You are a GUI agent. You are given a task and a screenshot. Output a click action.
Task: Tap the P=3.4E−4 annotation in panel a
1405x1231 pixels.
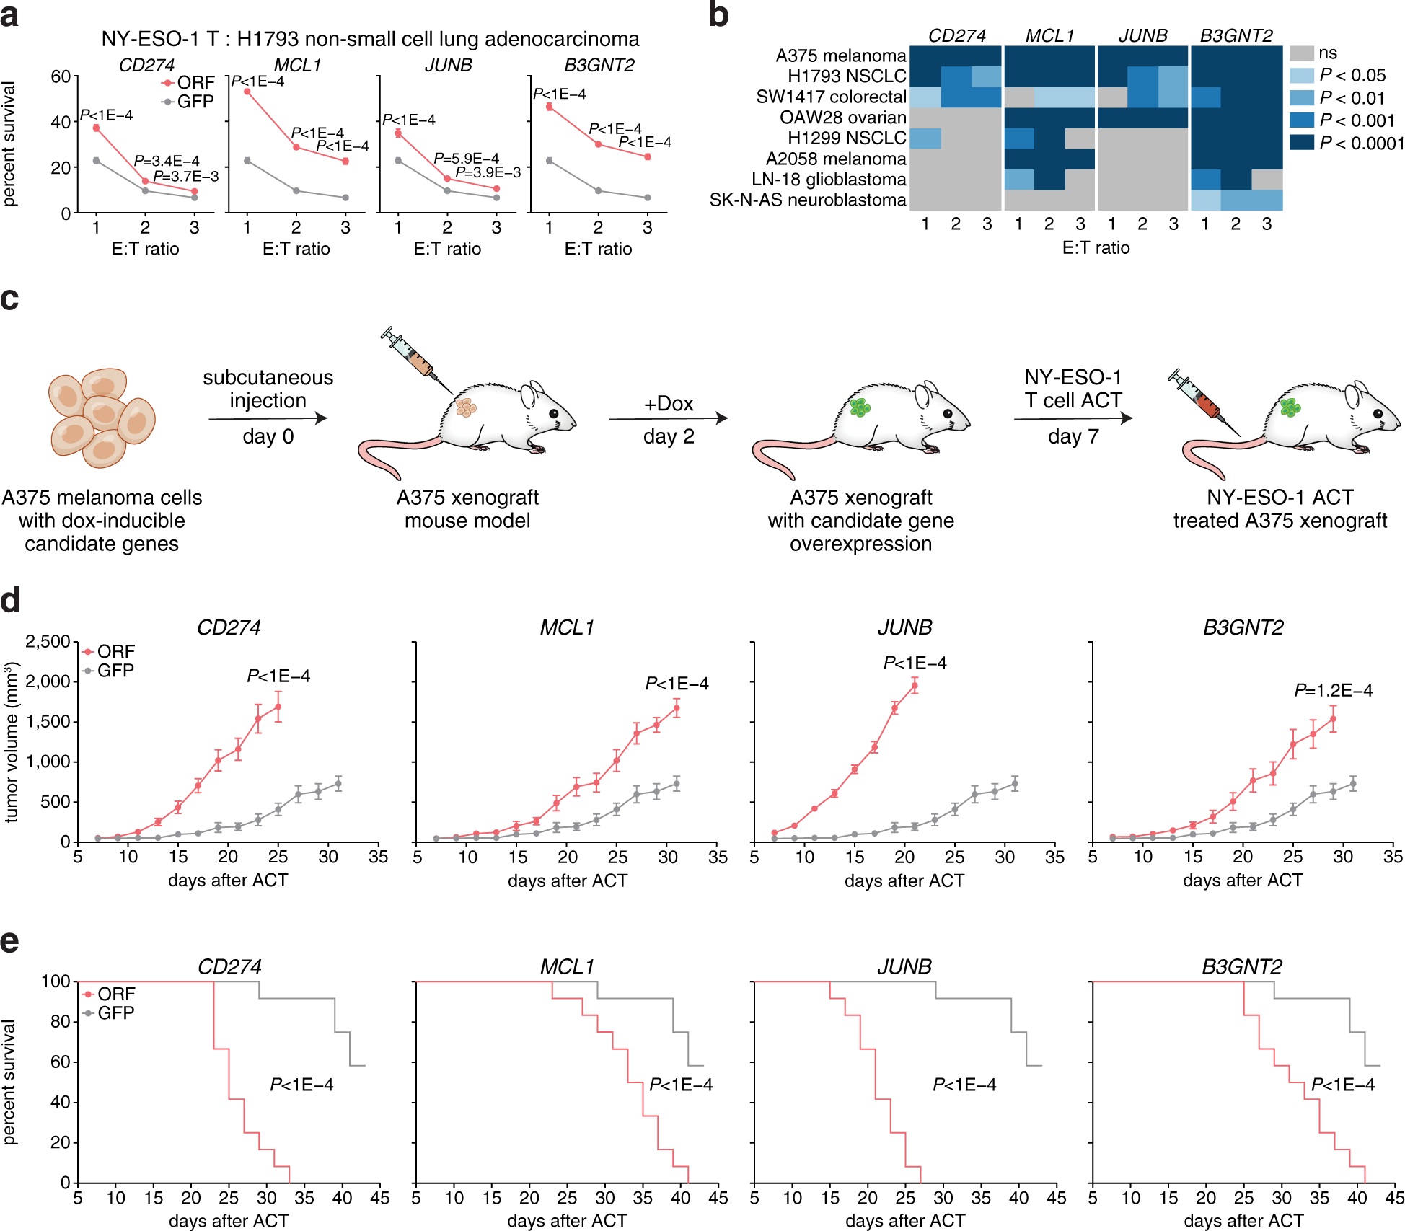167,161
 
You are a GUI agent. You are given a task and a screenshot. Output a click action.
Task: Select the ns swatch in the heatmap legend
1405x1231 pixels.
1301,53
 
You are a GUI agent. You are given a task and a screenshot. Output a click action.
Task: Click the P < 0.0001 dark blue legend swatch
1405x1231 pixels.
1301,143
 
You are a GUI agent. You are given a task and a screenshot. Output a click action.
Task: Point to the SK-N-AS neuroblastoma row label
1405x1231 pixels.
807,200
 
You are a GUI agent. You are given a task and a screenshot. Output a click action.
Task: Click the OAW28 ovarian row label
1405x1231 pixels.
842,118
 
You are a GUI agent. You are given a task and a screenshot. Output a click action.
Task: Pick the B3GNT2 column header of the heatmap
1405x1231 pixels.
1236,35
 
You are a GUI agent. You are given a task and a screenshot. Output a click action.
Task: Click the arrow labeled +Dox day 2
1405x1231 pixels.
668,418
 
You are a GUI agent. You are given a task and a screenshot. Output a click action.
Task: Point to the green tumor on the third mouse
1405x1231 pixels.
860,407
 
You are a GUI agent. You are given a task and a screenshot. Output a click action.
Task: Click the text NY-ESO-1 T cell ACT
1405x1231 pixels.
1073,389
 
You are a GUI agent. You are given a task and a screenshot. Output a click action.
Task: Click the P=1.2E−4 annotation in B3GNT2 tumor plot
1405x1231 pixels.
1333,690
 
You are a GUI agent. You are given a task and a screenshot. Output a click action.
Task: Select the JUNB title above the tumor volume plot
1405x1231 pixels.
904,627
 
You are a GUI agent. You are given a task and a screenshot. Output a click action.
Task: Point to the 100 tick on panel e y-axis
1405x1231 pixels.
56,981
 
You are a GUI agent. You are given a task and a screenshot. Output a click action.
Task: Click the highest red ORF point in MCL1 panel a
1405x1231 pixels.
247,92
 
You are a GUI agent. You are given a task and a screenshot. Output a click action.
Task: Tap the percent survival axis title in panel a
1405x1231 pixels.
9,144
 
